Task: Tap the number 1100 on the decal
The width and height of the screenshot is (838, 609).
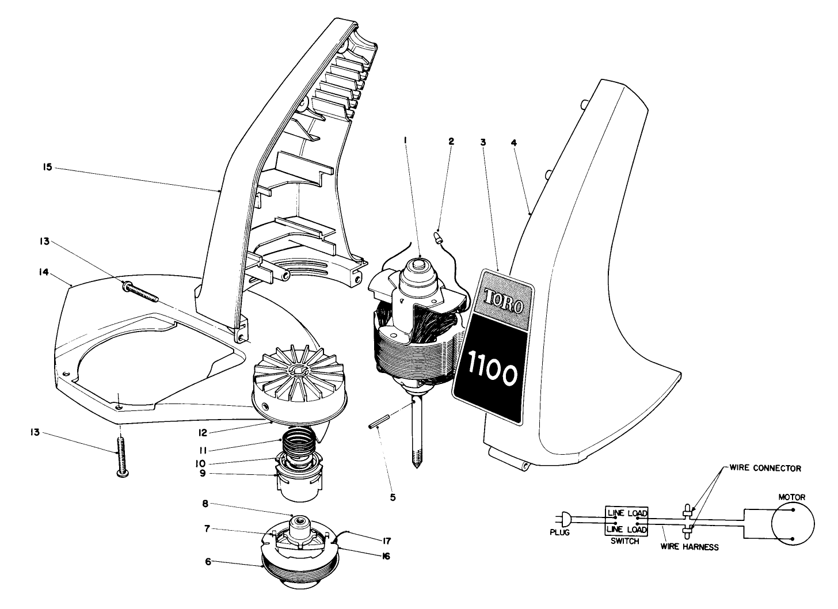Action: tap(492, 375)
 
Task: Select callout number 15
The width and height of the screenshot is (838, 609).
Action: tap(47, 167)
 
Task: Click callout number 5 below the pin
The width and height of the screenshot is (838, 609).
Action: tap(393, 496)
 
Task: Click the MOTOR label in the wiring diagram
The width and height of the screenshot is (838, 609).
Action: tap(791, 496)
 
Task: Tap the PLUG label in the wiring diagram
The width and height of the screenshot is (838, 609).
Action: tap(559, 533)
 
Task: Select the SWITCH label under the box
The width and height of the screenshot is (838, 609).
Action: tap(624, 542)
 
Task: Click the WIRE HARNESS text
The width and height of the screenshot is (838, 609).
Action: tap(690, 547)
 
